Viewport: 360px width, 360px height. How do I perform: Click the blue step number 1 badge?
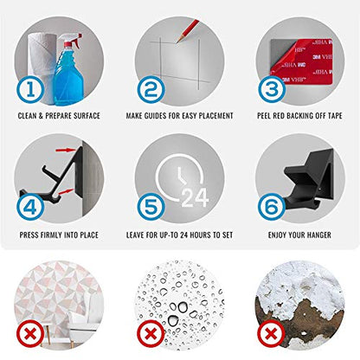(30, 89)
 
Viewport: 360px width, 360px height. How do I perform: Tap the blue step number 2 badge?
(151, 89)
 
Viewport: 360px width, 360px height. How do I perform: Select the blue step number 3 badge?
(271, 89)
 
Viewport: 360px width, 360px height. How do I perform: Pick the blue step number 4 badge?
(30, 207)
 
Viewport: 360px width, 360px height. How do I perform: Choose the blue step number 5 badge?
(151, 207)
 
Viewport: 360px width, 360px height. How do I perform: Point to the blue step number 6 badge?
(271, 207)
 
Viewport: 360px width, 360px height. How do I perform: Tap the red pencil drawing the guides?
(188, 31)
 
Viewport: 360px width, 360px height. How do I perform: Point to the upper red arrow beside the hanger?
(66, 150)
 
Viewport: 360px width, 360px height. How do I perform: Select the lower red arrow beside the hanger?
(65, 191)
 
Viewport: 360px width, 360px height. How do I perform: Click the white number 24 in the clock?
(195, 197)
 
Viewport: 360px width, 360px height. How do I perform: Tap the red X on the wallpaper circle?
(30, 335)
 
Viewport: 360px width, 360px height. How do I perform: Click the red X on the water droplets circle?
(151, 335)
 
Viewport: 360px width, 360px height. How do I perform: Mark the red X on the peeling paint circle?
(271, 335)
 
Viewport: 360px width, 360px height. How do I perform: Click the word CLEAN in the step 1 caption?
(27, 116)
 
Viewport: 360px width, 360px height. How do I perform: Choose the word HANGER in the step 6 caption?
(319, 235)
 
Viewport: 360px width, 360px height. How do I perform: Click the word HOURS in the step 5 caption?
(200, 235)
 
